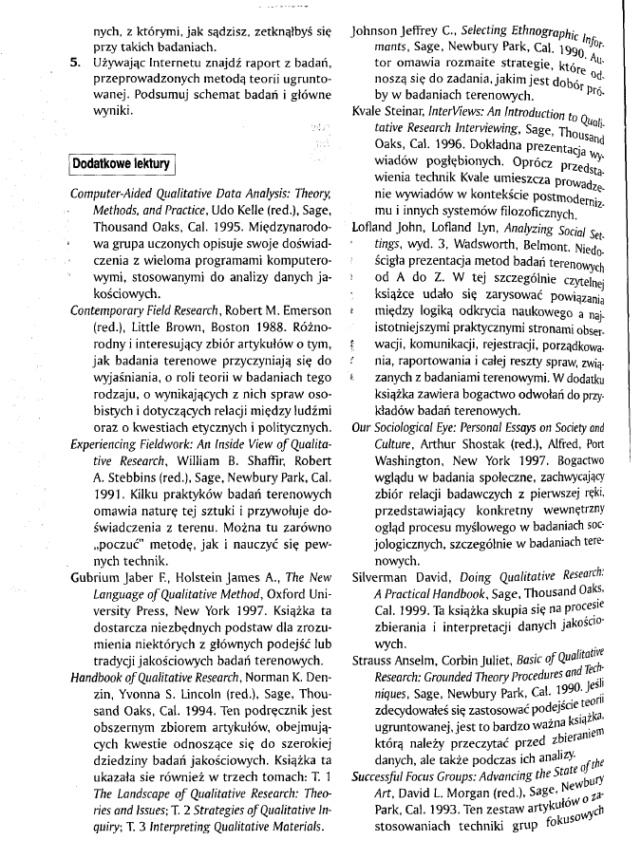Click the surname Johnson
378,32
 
